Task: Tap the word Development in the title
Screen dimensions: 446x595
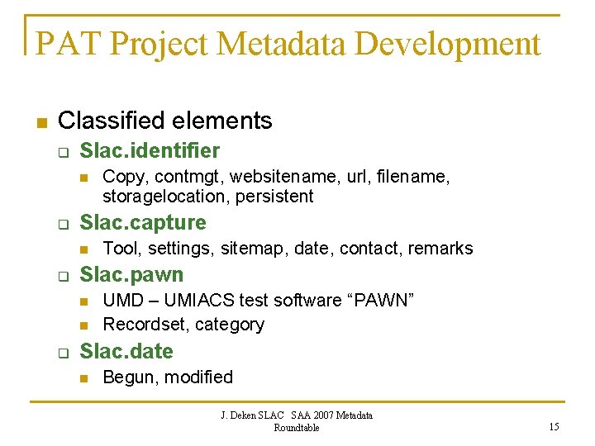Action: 445,44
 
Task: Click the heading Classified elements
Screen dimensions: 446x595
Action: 165,121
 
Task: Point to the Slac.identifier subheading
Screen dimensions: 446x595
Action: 150,151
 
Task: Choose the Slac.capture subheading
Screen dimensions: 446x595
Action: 143,223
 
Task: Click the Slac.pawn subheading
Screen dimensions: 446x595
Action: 131,275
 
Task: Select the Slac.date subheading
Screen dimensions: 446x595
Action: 126,352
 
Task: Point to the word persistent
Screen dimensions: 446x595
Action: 274,197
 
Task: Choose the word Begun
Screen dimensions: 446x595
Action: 131,377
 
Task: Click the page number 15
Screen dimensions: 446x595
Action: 553,426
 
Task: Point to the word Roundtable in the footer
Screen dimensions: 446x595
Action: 297,428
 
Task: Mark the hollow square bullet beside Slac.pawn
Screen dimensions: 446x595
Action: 60,276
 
